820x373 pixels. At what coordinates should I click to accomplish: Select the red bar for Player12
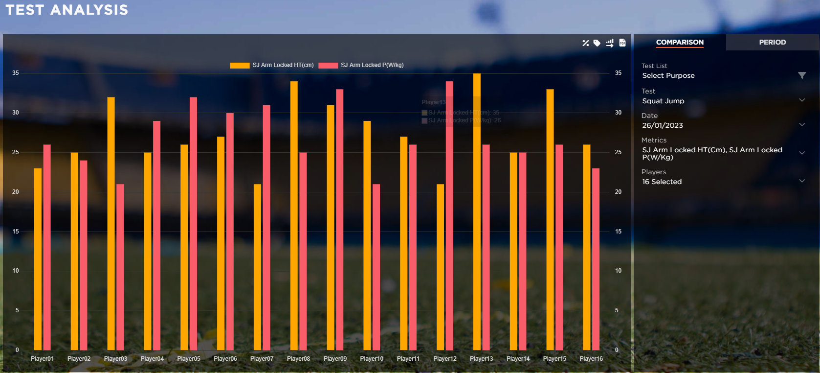pos(449,215)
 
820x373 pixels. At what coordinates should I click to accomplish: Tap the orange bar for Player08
pos(294,215)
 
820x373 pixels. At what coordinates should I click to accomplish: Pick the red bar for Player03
pos(120,267)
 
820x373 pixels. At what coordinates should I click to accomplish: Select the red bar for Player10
pos(376,267)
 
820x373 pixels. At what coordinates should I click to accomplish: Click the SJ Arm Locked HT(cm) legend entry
pos(272,65)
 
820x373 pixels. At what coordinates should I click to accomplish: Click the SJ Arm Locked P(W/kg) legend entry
pos(361,65)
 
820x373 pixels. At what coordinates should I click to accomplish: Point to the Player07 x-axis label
pos(262,359)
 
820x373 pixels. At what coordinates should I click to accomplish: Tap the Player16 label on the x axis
pos(591,359)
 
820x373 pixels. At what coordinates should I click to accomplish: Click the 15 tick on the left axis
pos(16,232)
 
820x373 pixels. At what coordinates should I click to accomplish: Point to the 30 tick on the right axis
pos(618,113)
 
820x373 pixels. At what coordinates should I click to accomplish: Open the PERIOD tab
pos(772,43)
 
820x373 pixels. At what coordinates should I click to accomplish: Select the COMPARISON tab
pos(680,43)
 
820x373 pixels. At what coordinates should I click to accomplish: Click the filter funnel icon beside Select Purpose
pos(802,75)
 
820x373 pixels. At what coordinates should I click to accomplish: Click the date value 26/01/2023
pos(663,125)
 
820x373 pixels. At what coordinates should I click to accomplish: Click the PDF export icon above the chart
pos(622,43)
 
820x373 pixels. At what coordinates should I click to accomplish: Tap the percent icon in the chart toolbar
pos(585,43)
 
